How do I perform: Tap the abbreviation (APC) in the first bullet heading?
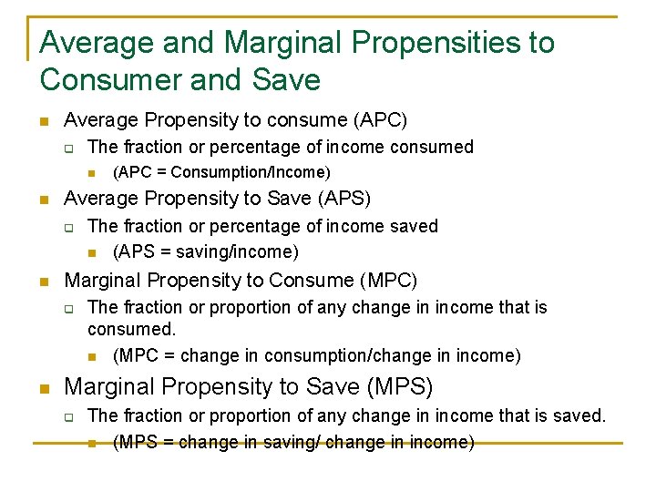378,119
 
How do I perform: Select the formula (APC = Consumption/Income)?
221,172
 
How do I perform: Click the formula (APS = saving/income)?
206,251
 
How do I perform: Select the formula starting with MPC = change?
317,355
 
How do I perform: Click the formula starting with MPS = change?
293,443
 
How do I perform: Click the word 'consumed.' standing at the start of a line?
131,329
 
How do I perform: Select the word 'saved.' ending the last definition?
579,415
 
